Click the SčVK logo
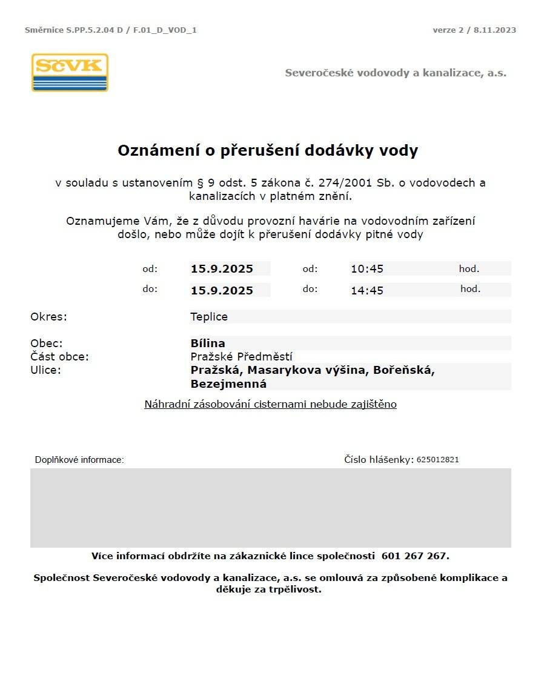(x=70, y=73)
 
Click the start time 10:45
(x=367, y=269)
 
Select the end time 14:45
(x=367, y=291)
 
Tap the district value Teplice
(x=209, y=317)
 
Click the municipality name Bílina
(x=208, y=344)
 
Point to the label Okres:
(x=48, y=317)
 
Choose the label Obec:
(x=47, y=344)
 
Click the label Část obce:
(x=59, y=357)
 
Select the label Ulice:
(x=46, y=370)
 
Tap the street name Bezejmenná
(x=228, y=384)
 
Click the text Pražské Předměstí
(x=241, y=357)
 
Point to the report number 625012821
(x=437, y=460)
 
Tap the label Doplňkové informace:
(x=79, y=460)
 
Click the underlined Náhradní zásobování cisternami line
(x=270, y=404)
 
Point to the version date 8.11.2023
(x=495, y=30)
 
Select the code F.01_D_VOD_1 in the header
(x=164, y=30)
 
